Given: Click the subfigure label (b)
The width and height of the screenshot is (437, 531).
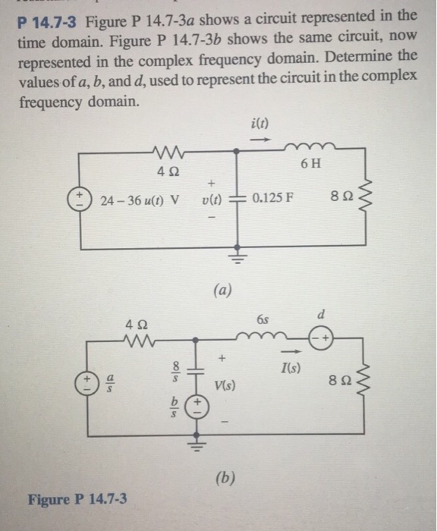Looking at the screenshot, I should [x=225, y=478].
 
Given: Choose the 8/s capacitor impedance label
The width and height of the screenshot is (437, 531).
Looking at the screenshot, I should [x=175, y=372].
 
